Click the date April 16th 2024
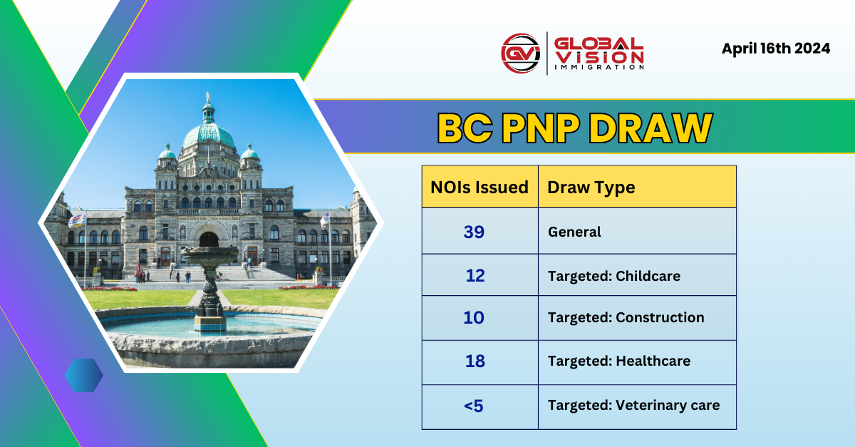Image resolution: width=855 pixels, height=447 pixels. tap(775, 49)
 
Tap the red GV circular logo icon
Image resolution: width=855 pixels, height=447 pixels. tap(520, 53)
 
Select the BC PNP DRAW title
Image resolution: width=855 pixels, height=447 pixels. tap(574, 128)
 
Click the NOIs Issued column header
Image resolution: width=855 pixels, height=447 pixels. tap(480, 187)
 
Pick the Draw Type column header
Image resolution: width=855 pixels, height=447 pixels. tap(591, 187)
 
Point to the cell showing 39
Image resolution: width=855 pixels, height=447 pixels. tap(474, 232)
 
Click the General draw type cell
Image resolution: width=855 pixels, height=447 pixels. tap(574, 232)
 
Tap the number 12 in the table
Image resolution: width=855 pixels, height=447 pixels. tap(475, 275)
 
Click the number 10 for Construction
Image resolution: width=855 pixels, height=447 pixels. tap(474, 318)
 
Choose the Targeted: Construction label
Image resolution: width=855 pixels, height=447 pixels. tap(626, 318)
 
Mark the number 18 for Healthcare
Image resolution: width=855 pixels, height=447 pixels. tap(475, 361)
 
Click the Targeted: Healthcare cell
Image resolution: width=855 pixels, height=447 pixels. tap(618, 361)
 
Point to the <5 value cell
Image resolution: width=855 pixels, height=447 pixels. tap(474, 406)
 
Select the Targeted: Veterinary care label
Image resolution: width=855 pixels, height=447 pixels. tap(633, 406)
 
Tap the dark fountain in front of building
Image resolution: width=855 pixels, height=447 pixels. tap(209, 285)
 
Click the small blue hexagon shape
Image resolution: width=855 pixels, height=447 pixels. tap(83, 375)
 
